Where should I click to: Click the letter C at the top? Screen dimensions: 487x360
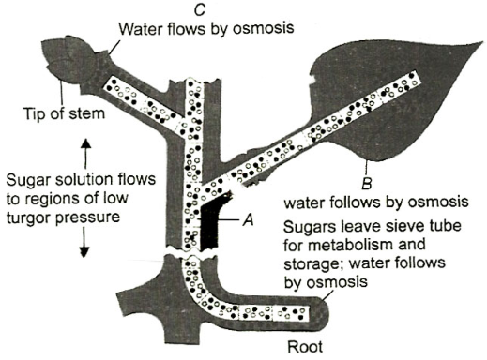pos(200,9)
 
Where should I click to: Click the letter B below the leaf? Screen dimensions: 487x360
pos(366,184)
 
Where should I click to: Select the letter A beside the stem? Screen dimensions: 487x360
pos(249,219)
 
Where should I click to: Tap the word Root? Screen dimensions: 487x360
pos(305,347)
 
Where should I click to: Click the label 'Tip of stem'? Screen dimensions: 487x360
pos(64,113)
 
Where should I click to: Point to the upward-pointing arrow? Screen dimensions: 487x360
pos(86,155)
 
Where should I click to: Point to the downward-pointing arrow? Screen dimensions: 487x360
pos(84,242)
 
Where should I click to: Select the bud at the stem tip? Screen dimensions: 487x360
pos(67,60)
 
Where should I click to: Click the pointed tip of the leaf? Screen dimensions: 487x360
pos(481,42)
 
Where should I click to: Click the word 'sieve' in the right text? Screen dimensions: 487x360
pos(399,225)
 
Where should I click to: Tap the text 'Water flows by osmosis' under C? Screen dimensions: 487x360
pos(206,28)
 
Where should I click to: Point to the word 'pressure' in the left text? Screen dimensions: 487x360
pos(88,217)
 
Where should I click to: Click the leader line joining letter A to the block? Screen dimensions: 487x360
pos(227,219)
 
